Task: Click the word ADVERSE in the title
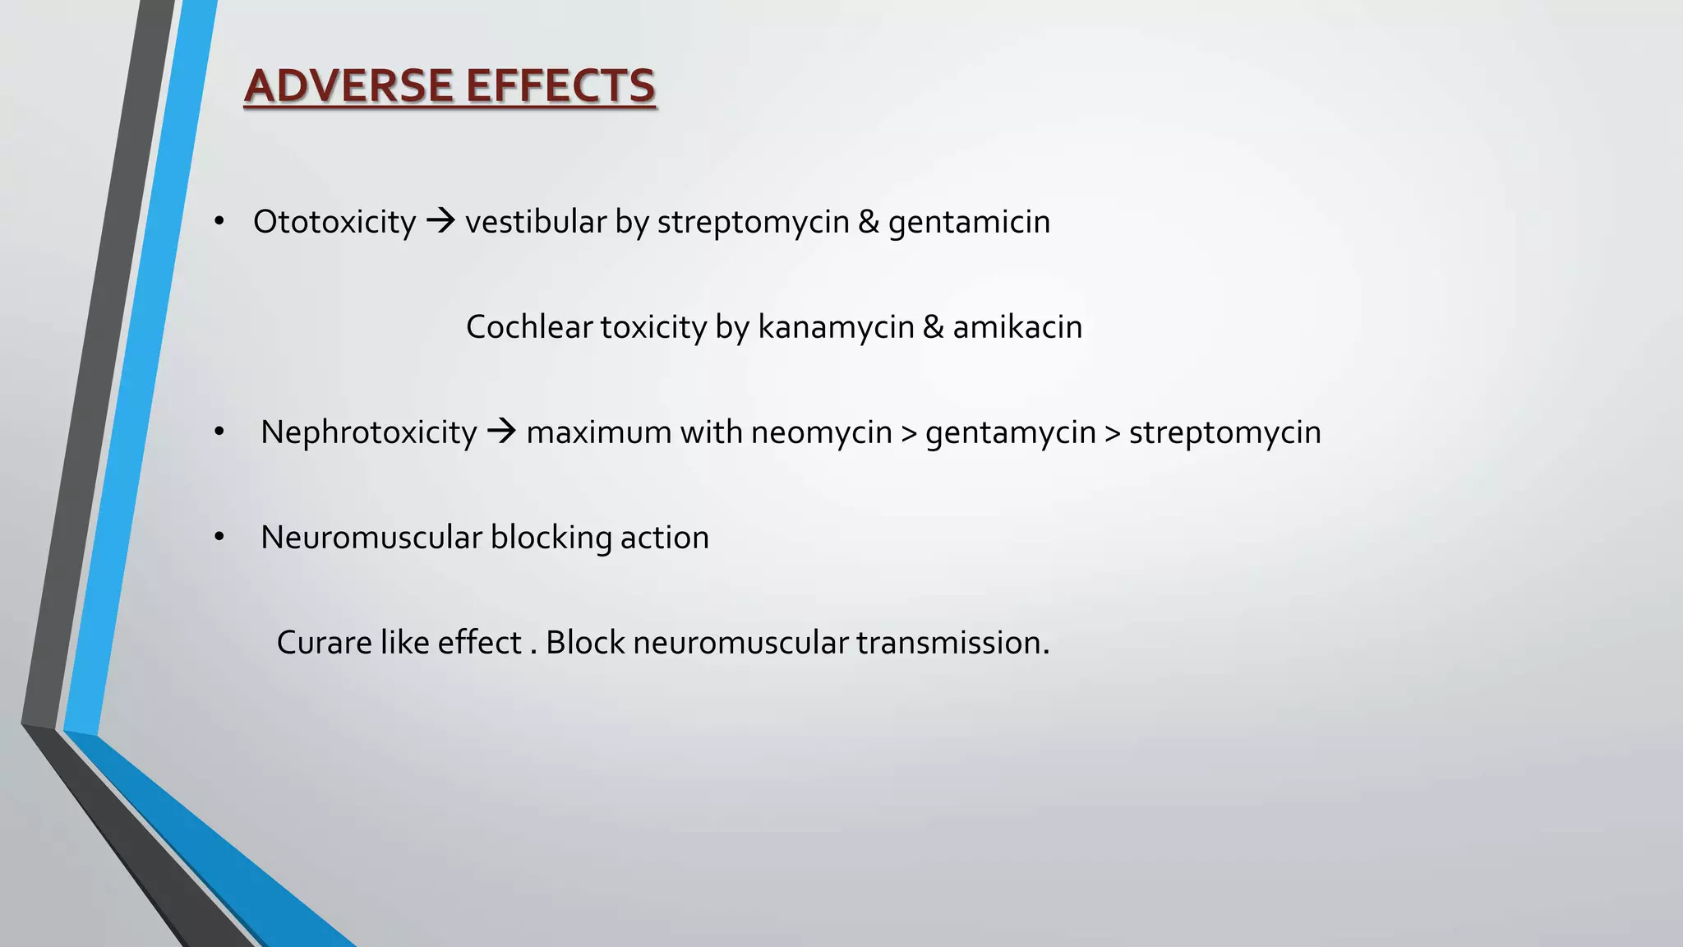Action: point(349,86)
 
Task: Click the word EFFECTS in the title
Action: point(561,86)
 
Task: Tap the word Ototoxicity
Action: point(334,222)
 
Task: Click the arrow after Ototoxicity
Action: point(441,220)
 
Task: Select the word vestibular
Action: point(536,222)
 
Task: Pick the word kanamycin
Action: point(835,328)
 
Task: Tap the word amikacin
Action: point(1017,327)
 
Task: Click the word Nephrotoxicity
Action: point(368,432)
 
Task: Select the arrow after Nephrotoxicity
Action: point(501,431)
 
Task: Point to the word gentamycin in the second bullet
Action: point(1010,433)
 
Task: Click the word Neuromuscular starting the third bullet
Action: point(371,538)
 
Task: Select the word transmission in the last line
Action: point(952,643)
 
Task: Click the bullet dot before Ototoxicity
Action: point(219,221)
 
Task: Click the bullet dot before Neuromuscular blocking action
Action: point(219,537)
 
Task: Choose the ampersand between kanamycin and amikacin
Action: point(933,327)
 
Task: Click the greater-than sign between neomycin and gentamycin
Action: point(909,433)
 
